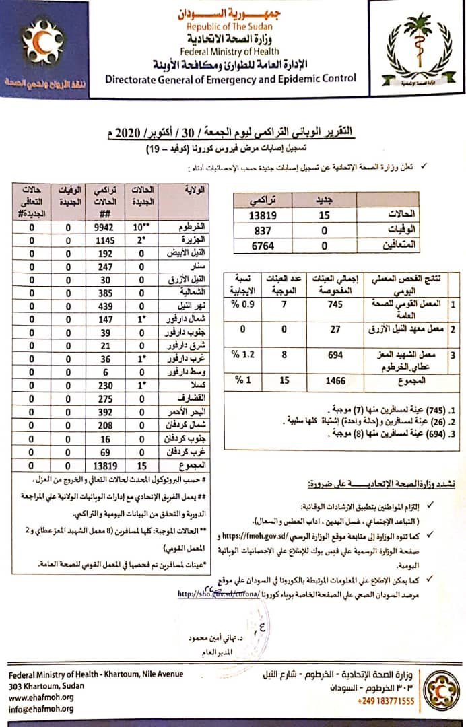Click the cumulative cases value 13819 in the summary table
[262, 215]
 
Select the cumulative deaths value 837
[262, 230]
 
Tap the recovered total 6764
[262, 246]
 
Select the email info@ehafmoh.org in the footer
[40, 709]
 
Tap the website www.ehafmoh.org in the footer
[40, 697]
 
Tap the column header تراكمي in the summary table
[262, 200]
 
